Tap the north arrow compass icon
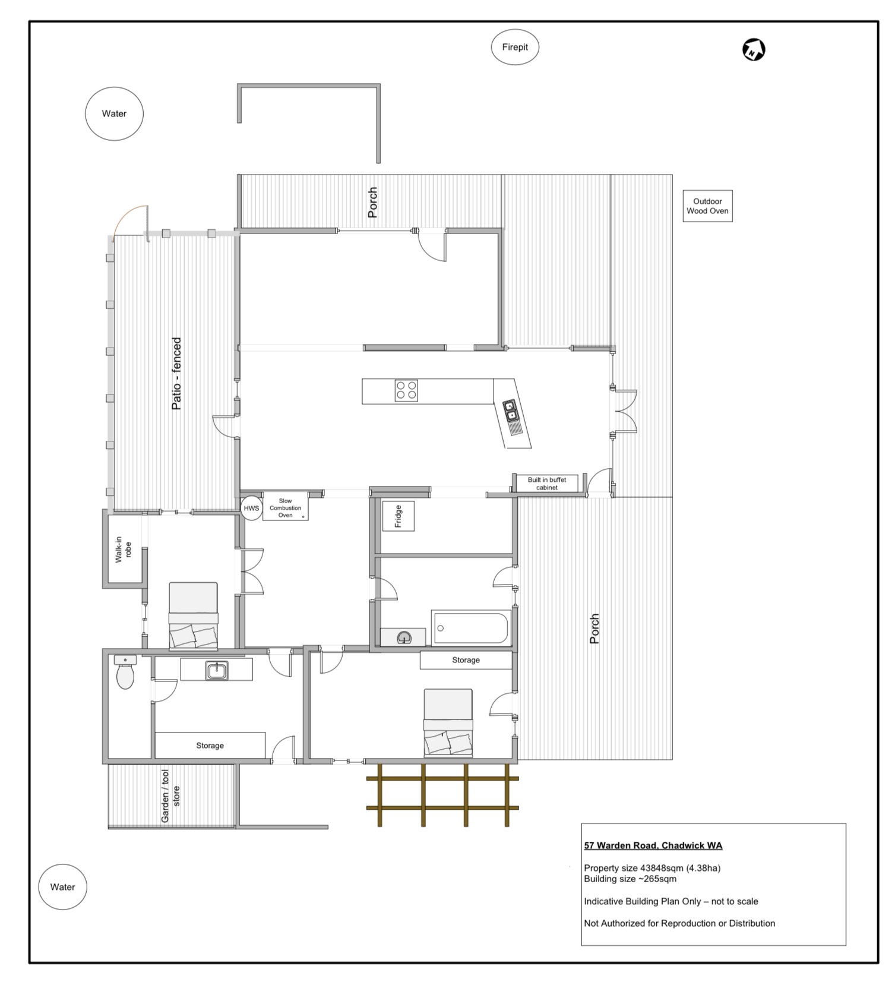tap(754, 50)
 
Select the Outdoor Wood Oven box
tap(707, 206)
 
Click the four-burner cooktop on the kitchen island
tap(406, 390)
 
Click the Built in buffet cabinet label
tap(547, 484)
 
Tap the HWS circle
tap(251, 509)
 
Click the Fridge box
tap(398, 516)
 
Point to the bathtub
tap(471, 628)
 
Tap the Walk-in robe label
tap(123, 550)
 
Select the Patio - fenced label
tap(176, 374)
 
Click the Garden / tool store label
tap(170, 796)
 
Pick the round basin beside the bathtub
tap(404, 637)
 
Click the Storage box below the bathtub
tap(466, 660)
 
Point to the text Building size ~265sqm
tap(630, 879)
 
